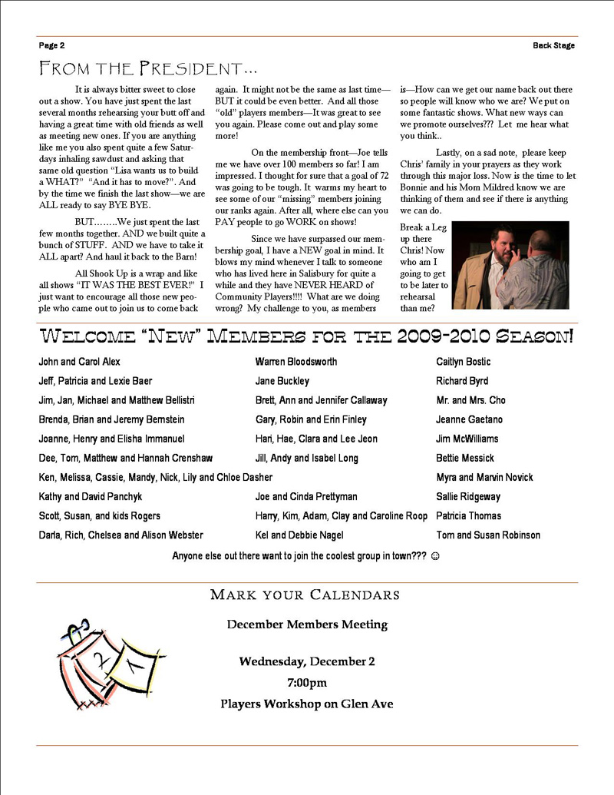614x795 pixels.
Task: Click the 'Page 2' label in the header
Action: click(51, 45)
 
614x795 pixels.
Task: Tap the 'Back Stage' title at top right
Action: click(553, 45)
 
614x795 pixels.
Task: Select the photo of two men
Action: click(510, 265)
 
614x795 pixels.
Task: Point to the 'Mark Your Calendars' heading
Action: click(305, 595)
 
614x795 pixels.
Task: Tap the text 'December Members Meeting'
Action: click(307, 624)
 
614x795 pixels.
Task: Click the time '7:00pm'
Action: click(306, 682)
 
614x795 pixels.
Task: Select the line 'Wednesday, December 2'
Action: click(307, 661)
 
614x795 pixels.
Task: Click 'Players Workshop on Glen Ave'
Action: click(307, 704)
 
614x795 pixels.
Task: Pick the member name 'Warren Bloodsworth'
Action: click(295, 362)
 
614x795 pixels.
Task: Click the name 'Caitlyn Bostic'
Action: click(463, 362)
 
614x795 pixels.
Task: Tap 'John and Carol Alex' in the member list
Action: click(79, 362)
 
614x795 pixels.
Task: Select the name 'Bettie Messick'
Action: click(466, 458)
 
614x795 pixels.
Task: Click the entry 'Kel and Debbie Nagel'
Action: click(299, 535)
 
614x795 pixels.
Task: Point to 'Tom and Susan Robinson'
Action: click(488, 535)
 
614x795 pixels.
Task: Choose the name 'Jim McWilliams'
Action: click(467, 439)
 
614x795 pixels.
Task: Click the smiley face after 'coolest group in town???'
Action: click(435, 555)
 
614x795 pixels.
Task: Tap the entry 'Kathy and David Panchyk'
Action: click(90, 497)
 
